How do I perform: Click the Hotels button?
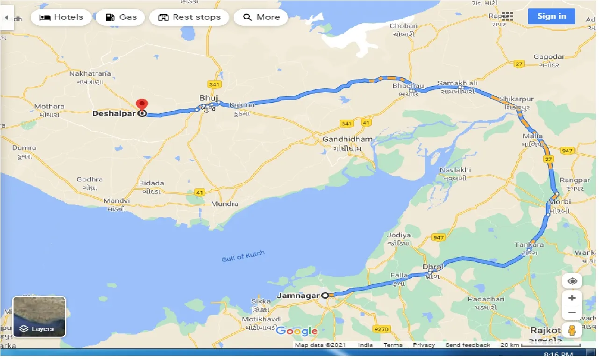pyautogui.click(x=61, y=17)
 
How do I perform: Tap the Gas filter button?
pyautogui.click(x=121, y=17)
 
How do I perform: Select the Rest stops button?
pyautogui.click(x=189, y=17)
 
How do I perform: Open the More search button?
pyautogui.click(x=262, y=17)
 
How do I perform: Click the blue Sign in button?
pyautogui.click(x=551, y=16)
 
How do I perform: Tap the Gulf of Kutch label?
pyautogui.click(x=243, y=256)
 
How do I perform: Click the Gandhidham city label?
pyautogui.click(x=348, y=139)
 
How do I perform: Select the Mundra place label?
pyautogui.click(x=224, y=204)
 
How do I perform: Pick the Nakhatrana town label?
pyautogui.click(x=90, y=74)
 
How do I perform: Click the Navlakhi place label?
pyautogui.click(x=455, y=170)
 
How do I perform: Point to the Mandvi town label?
pyautogui.click(x=116, y=201)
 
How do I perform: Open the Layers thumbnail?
pyautogui.click(x=39, y=317)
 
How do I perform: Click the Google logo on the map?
pyautogui.click(x=296, y=331)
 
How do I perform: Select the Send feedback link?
pyautogui.click(x=467, y=345)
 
